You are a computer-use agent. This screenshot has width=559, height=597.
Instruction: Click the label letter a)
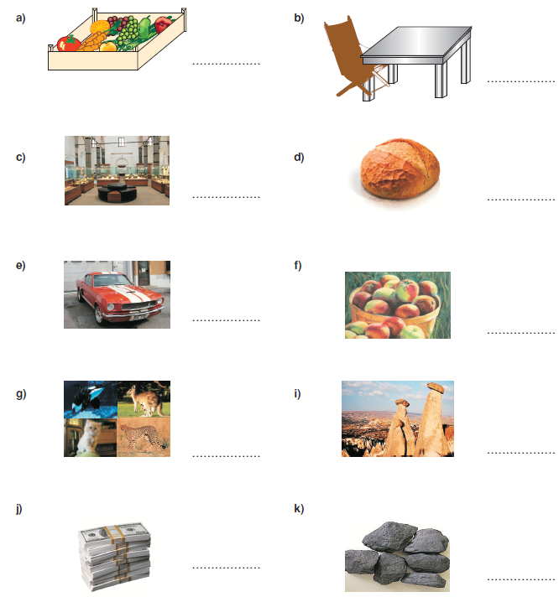[x=21, y=18]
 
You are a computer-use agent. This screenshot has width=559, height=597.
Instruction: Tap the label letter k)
[x=299, y=508]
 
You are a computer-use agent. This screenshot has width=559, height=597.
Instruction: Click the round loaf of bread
[x=400, y=169]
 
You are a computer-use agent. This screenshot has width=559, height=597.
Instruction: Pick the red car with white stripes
[x=120, y=298]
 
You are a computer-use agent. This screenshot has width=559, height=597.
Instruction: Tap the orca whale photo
[x=91, y=399]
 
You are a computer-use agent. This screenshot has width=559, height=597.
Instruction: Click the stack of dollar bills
[x=114, y=556]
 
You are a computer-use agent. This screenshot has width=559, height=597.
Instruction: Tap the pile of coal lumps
[x=397, y=555]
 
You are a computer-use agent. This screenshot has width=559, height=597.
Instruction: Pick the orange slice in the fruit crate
[x=99, y=27]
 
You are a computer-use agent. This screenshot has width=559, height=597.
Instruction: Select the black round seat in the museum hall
[x=117, y=193]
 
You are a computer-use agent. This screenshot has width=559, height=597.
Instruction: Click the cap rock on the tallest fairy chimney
[x=436, y=387]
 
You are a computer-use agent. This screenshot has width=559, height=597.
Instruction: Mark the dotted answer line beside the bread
[x=520, y=199]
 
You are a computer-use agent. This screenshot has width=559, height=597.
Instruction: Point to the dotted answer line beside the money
[x=227, y=568]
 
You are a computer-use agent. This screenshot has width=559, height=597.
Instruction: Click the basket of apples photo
[x=398, y=305]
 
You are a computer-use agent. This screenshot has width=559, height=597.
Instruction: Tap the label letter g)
[x=21, y=394]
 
